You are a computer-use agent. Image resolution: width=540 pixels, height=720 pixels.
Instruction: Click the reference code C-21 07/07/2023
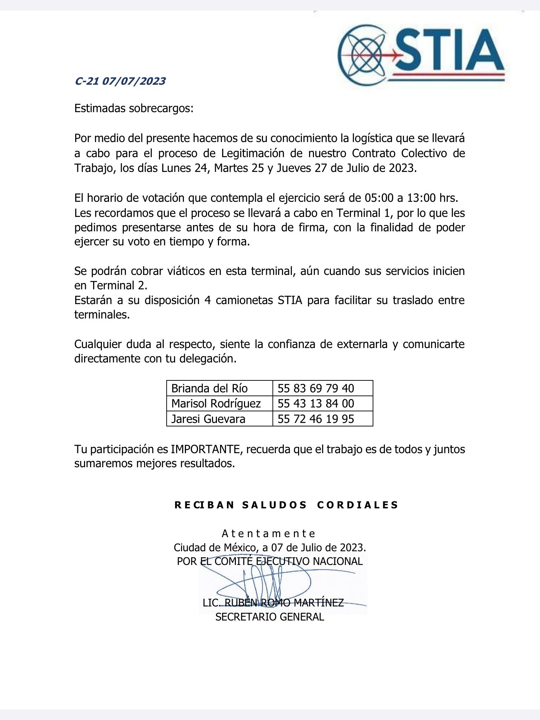[x=120, y=81]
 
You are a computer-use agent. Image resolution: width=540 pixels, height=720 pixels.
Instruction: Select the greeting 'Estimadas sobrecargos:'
[x=134, y=108]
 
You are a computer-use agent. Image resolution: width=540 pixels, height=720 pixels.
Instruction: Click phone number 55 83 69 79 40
[x=316, y=388]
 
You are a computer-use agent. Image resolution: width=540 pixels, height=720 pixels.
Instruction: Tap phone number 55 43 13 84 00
[x=316, y=403]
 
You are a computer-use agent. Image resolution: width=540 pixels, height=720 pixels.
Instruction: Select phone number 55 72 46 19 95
[x=316, y=419]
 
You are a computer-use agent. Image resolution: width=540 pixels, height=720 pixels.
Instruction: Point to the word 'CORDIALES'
[x=358, y=505]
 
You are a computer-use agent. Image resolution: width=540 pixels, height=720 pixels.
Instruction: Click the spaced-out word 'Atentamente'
[x=269, y=534]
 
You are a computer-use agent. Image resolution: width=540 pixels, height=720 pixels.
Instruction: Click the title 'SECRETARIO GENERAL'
[x=270, y=617]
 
